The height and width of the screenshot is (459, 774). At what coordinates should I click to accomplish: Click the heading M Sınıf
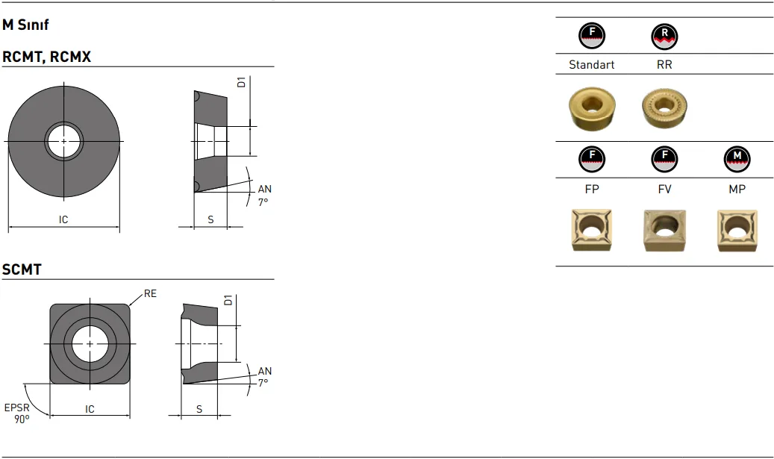[25, 25]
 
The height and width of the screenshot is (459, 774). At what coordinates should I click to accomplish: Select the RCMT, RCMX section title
[46, 57]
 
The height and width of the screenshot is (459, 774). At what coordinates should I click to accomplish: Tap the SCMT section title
[22, 269]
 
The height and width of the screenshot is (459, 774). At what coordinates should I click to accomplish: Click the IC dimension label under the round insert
[63, 219]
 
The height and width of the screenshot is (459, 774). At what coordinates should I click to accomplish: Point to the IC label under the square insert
[90, 409]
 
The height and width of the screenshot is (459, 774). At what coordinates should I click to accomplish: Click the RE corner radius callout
[150, 293]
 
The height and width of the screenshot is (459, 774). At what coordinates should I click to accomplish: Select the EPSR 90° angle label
[17, 413]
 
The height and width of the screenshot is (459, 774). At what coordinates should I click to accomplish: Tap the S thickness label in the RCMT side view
[210, 219]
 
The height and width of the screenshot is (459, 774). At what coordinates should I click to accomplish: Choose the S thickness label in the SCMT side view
[199, 409]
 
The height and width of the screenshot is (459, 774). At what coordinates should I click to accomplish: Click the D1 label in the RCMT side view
[241, 82]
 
